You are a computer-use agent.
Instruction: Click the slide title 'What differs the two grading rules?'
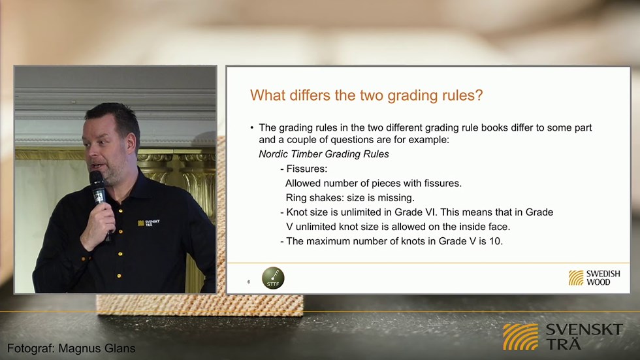366,95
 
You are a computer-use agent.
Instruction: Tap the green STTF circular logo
273,278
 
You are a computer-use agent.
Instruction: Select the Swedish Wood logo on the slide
594,278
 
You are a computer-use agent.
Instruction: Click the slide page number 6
249,282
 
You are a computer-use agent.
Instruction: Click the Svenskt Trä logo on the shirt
149,223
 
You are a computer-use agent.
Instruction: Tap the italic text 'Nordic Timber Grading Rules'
324,154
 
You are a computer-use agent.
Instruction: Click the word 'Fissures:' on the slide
306,169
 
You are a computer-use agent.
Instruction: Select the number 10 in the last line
495,241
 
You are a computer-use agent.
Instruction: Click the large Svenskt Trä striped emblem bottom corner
520,336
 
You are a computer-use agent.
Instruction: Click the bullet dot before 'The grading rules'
252,128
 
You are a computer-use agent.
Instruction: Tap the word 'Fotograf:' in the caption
31,348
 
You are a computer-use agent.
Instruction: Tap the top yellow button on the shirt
120,210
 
